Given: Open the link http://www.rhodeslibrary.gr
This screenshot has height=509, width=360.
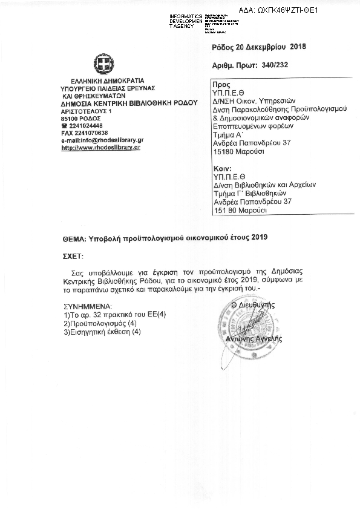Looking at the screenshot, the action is (x=100, y=147).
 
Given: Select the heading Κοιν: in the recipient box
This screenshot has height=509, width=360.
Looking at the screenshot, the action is (x=222, y=168).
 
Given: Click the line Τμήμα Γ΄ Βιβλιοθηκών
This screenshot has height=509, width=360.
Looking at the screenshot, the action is (x=248, y=193).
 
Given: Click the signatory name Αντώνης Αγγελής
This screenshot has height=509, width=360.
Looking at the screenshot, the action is (x=254, y=339).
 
